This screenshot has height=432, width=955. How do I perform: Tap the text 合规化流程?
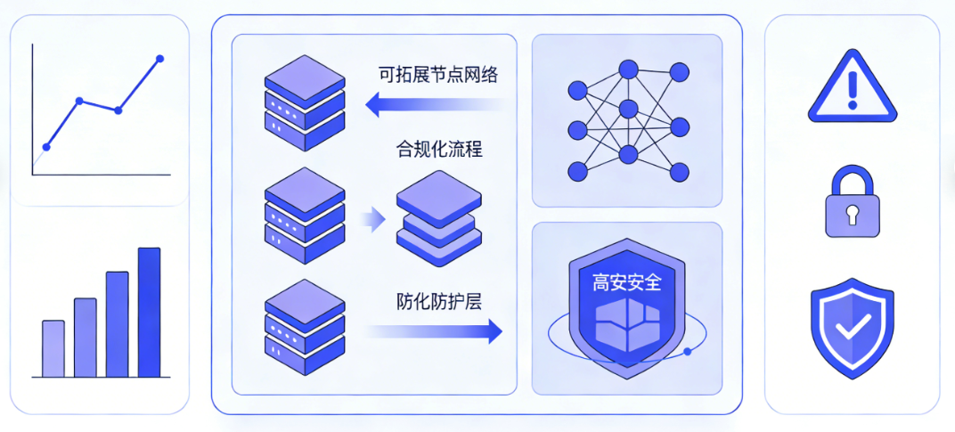tap(439, 149)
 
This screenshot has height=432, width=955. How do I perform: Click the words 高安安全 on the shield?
tap(627, 282)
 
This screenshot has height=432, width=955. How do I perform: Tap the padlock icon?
tap(852, 203)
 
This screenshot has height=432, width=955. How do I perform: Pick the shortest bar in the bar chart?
tap(53, 348)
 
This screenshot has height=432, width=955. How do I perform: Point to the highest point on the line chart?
tap(160, 59)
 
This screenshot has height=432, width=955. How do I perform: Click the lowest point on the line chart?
tap(46, 147)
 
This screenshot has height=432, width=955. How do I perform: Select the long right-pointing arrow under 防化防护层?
tap(436, 332)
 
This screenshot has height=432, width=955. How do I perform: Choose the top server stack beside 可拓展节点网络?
tap(305, 102)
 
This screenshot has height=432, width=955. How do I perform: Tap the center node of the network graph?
tap(629, 110)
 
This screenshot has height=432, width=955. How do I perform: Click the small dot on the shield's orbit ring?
tap(687, 352)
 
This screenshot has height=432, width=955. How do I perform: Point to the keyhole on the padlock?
tap(852, 214)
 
